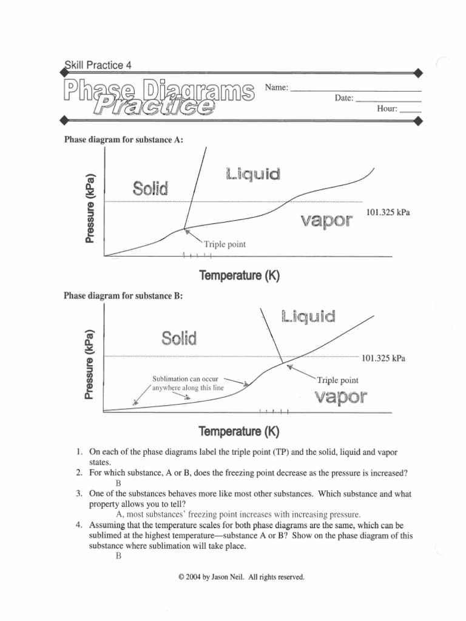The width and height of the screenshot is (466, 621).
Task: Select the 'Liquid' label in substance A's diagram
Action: click(x=252, y=175)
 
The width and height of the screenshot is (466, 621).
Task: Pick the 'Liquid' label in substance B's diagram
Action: click(x=308, y=316)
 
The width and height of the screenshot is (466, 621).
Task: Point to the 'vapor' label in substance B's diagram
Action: click(x=340, y=397)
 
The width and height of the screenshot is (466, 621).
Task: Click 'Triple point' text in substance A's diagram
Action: click(x=225, y=244)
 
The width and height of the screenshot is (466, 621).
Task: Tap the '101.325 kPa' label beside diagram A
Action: click(x=388, y=212)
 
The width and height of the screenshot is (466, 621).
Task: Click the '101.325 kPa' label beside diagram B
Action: click(x=383, y=358)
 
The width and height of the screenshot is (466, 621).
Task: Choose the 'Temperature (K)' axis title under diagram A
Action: click(x=239, y=276)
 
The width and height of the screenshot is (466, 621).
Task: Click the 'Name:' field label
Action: click(x=277, y=87)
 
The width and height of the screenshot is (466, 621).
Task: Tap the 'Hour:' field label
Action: click(x=387, y=109)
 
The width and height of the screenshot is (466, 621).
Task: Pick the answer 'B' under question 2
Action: click(x=119, y=483)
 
